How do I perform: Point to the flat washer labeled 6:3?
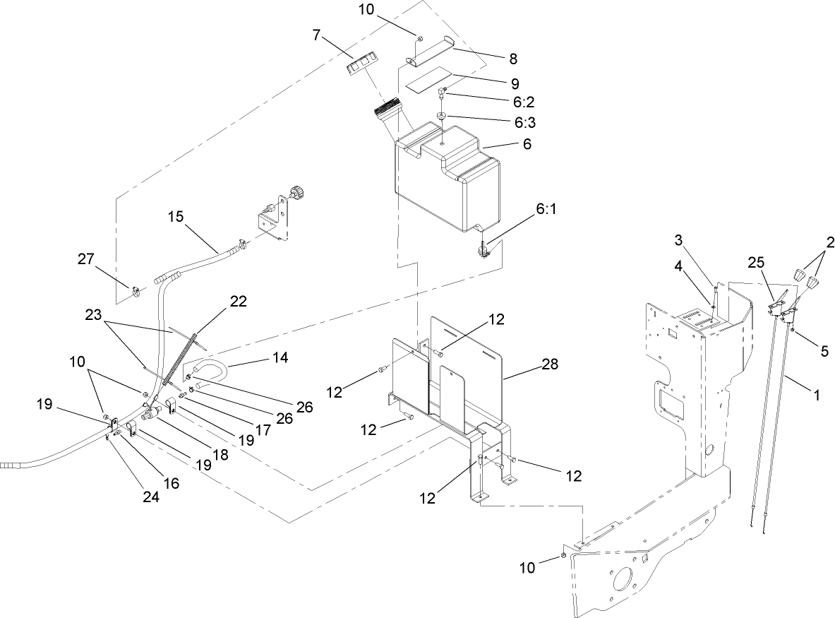(x=440, y=115)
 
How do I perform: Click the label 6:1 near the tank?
(x=546, y=210)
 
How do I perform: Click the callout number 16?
(x=171, y=483)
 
